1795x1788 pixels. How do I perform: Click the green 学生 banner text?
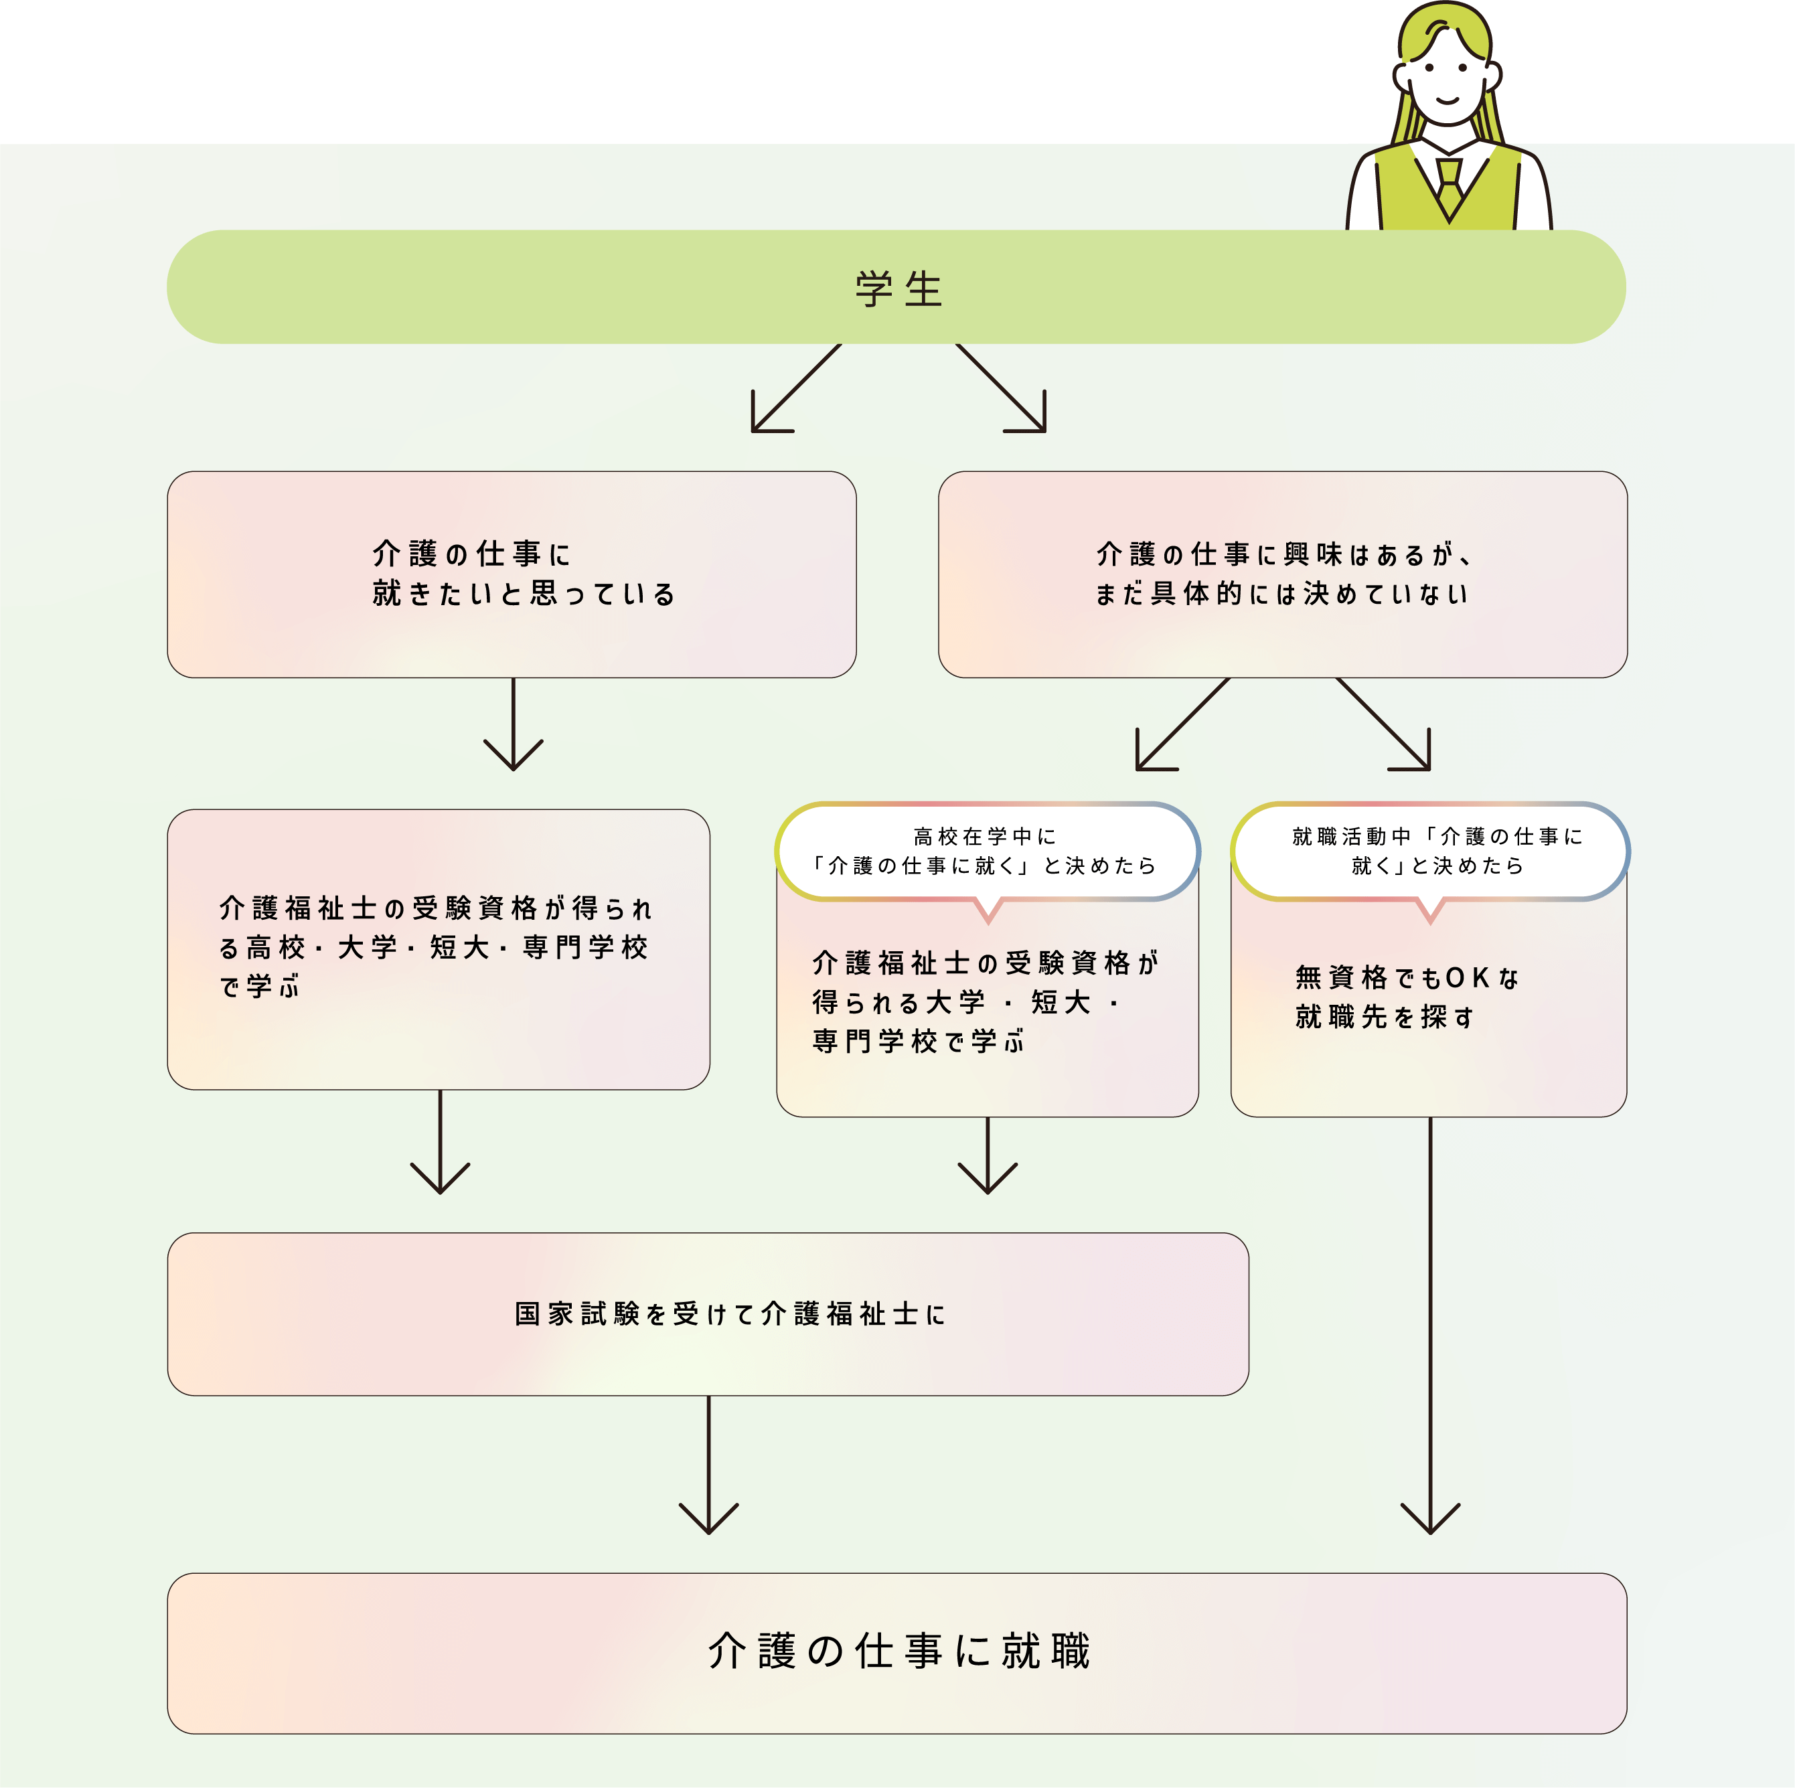click(x=897, y=289)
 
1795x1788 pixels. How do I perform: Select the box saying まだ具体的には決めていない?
click(x=1282, y=574)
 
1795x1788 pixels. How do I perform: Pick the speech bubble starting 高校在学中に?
click(x=987, y=851)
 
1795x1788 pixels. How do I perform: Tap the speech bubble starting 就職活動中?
click(x=1430, y=851)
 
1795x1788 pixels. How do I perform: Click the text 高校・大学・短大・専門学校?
click(x=435, y=947)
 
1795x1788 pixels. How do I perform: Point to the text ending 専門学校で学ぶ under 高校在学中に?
click(x=985, y=1002)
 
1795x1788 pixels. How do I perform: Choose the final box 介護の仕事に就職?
click(x=896, y=1652)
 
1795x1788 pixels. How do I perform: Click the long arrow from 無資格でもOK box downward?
click(x=1430, y=1328)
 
